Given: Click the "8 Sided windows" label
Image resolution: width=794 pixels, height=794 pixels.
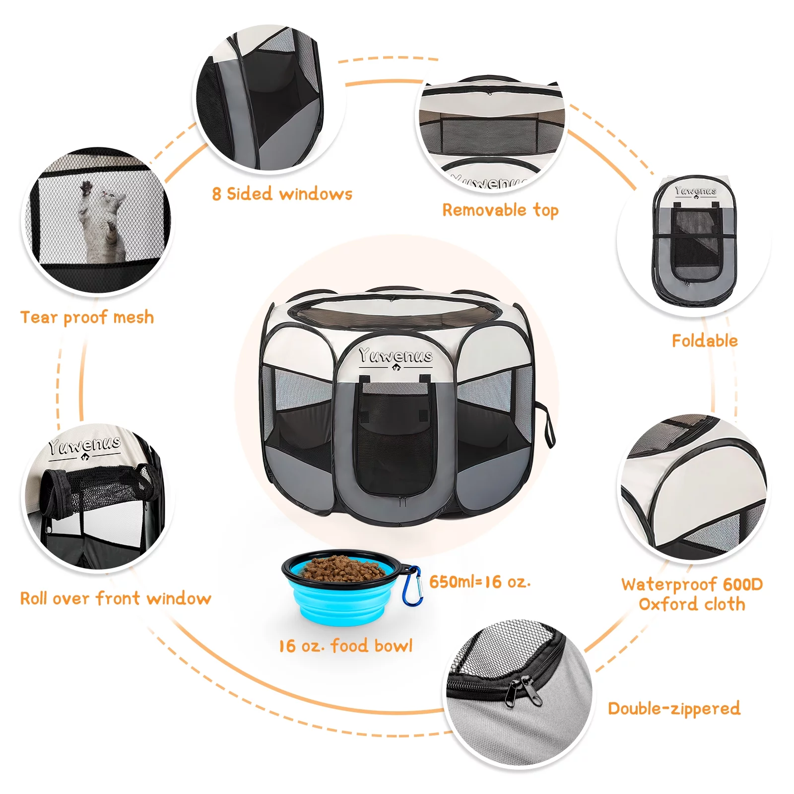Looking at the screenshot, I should tap(282, 194).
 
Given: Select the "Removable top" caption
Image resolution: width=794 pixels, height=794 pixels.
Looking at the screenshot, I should tap(500, 210).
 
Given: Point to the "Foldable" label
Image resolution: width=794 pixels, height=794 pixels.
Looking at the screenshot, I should tap(704, 340).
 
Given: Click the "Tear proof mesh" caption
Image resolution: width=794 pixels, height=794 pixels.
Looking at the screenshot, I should tap(87, 317).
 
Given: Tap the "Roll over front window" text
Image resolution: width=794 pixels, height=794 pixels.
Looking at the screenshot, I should tap(115, 598).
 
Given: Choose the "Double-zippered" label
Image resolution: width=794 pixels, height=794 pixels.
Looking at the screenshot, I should tap(674, 709).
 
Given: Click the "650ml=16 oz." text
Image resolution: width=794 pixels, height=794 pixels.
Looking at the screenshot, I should tap(479, 582).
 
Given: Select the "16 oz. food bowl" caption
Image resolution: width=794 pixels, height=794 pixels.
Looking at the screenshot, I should tap(345, 646).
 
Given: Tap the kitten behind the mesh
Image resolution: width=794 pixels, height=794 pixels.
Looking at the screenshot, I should tap(102, 218).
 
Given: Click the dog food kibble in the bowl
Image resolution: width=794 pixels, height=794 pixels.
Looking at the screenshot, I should tap(342, 568).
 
